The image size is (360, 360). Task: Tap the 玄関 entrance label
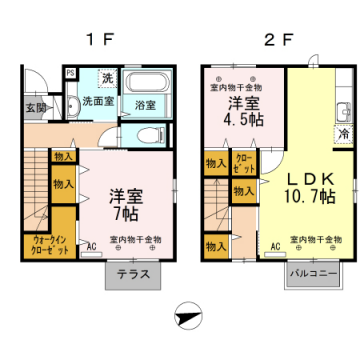tap(36, 106)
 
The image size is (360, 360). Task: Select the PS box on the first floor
tap(70, 73)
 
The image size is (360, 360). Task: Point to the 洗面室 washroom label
tap(98, 102)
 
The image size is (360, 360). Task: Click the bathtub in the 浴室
tap(151, 85)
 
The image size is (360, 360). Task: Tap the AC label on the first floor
tap(91, 246)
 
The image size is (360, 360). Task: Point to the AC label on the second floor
tap(274, 246)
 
